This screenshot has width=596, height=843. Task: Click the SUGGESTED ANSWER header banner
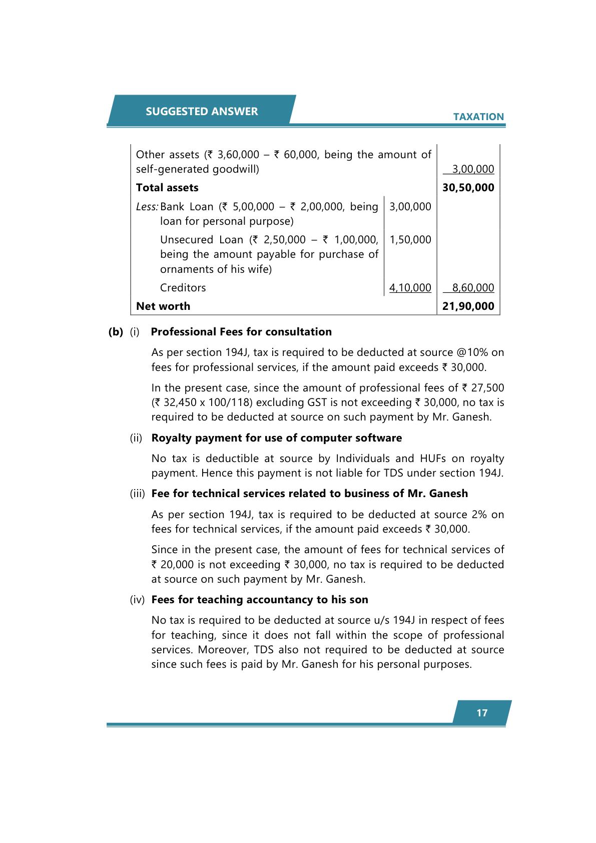pos(202,111)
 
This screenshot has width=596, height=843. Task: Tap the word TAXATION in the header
pos(478,117)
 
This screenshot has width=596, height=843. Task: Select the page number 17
pos(482,713)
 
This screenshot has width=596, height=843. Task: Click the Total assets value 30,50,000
pos(468,188)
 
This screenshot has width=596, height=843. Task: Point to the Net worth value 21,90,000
pos(468,306)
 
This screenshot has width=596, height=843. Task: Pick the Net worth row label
pos(163,306)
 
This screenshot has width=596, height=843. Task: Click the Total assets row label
pos(167,188)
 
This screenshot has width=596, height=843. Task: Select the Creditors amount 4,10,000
pos(410,288)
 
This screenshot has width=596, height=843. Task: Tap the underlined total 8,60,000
pos(473,288)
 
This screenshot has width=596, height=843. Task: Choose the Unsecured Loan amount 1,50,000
pos(410,240)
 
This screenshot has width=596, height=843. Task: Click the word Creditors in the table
pos(183,288)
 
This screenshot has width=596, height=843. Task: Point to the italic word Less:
pos(147,207)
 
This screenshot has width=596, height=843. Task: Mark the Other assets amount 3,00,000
pos(473,169)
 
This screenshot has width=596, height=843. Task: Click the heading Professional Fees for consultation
pos(241,332)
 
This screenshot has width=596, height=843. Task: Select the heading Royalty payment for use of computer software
pos(276,438)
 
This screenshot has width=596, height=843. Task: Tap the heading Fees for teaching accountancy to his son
pos(260,600)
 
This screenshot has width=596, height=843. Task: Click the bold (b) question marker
pos(116,332)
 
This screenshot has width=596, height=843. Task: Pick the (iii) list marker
pos(137,494)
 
